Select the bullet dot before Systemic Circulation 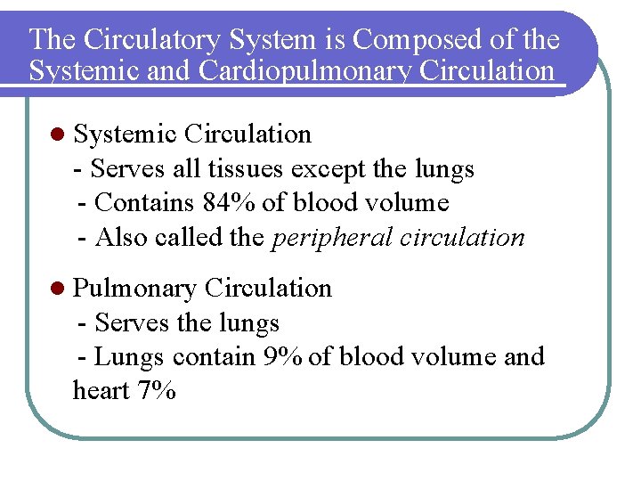point(58,135)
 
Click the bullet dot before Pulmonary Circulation point(58,289)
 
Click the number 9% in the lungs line point(283,356)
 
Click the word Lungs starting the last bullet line point(129,356)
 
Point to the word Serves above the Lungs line point(133,322)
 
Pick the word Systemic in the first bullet point(126,135)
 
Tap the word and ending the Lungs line point(524,356)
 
